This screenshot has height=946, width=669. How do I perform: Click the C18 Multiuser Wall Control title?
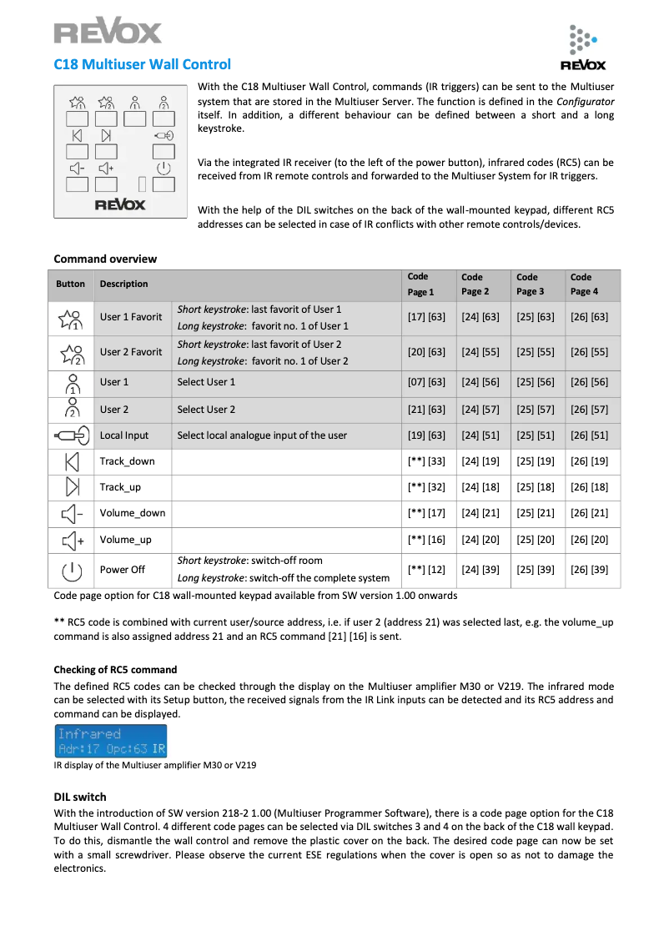[x=143, y=64]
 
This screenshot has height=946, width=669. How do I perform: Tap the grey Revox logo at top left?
[x=108, y=33]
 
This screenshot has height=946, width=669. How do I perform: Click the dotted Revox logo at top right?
[x=583, y=48]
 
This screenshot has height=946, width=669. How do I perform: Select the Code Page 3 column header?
[x=527, y=284]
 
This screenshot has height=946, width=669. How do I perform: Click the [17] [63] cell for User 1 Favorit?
[x=426, y=317]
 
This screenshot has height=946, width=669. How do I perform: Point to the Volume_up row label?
[x=125, y=540]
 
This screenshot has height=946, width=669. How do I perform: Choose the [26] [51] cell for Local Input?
[x=589, y=435]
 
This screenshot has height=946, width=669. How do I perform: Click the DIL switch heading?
[x=80, y=797]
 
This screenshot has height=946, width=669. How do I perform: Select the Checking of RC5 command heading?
[x=115, y=670]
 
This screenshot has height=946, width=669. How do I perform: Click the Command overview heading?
[x=105, y=259]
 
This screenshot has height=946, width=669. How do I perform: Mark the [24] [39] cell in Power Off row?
[x=480, y=570]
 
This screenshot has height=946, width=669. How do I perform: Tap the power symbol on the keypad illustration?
[x=163, y=169]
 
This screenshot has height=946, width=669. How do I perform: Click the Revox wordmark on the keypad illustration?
[x=120, y=205]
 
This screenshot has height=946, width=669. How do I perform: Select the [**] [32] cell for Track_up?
[x=426, y=487]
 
